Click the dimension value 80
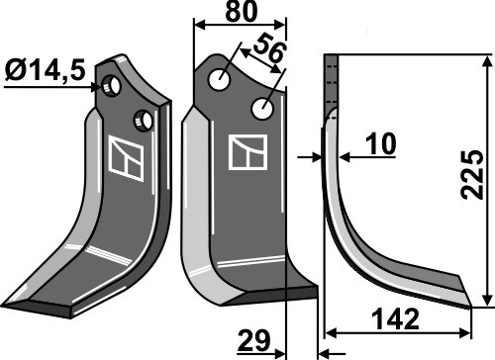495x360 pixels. pos(240,14)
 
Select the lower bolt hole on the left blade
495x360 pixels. pos(147,120)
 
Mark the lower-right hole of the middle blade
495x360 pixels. pos(263,107)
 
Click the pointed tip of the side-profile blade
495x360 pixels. pos(471,296)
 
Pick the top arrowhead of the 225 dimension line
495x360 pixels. pos(486,62)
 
